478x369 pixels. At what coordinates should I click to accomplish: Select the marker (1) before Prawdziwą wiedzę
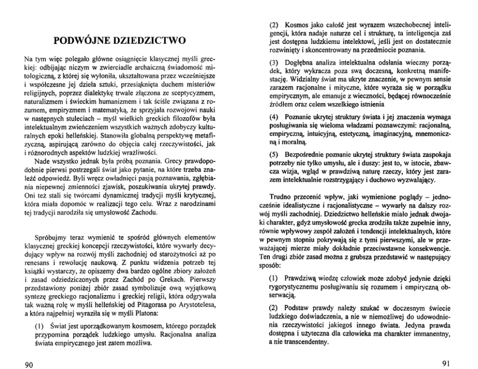click(x=274, y=279)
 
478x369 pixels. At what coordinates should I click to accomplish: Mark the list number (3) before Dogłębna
click(x=274, y=65)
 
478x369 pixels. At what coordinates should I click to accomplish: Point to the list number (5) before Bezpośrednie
click(x=274, y=154)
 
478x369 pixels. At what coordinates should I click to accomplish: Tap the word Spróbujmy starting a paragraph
click(x=51, y=239)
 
